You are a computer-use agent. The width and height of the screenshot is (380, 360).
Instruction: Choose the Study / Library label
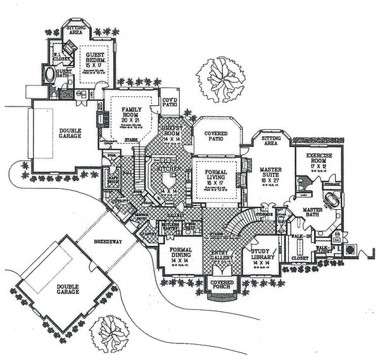[262, 255]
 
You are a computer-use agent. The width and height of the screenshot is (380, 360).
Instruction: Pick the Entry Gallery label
[223, 255]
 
